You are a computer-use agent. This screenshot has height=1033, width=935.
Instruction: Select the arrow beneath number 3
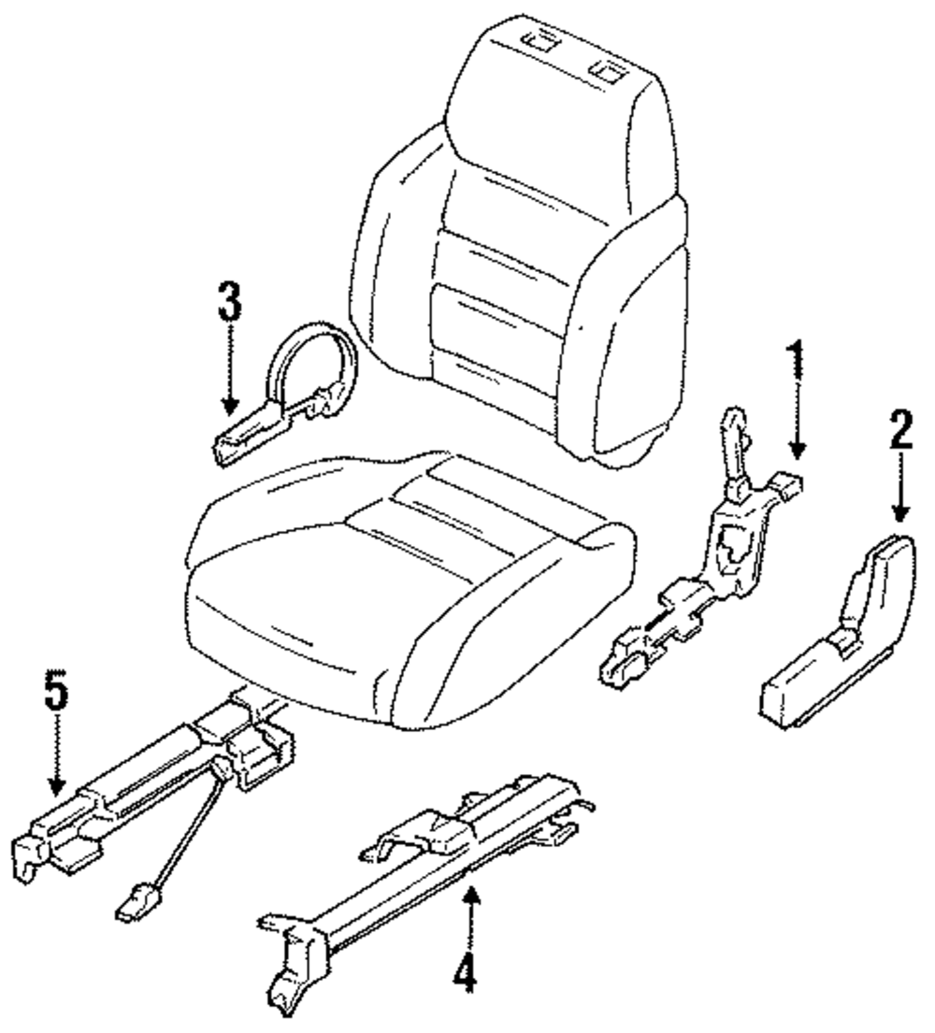click(x=228, y=374)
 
